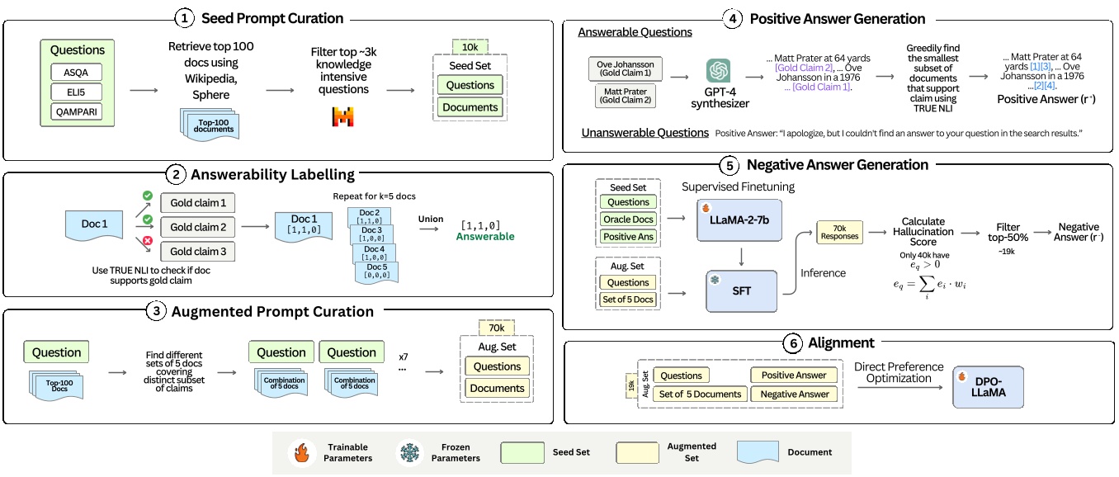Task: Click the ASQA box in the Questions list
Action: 77,71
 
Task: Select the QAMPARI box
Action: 77,111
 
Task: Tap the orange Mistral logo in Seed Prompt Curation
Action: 342,116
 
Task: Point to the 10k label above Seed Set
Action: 470,46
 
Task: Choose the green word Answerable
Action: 485,237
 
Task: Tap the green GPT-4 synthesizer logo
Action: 718,71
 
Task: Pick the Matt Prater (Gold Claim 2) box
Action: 625,97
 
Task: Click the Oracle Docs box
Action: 629,220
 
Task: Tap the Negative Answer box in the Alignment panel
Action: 794,394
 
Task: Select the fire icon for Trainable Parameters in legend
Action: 302,452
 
